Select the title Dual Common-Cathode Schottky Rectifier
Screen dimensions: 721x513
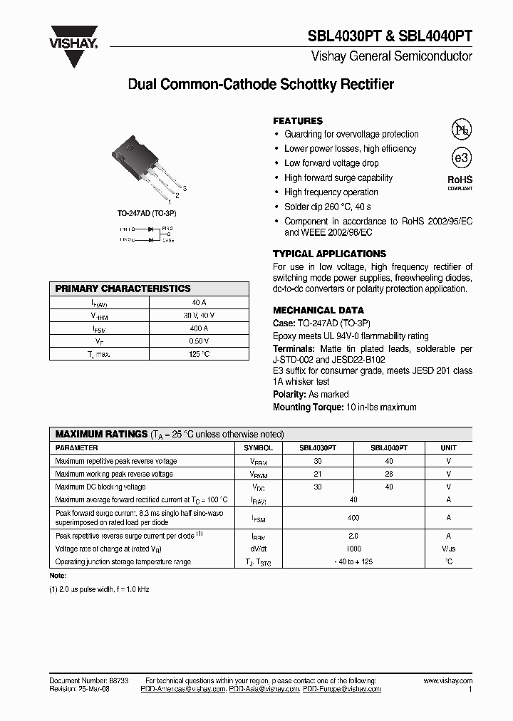click(x=260, y=85)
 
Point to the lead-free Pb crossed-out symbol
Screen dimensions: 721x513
click(x=461, y=129)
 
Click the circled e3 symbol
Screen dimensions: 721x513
click(x=461, y=158)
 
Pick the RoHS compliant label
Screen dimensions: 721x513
click(x=460, y=182)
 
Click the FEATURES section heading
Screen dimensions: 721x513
click(x=298, y=121)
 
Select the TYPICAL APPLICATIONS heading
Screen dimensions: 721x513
click(x=329, y=254)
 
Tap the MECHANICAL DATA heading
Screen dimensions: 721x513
click(x=318, y=311)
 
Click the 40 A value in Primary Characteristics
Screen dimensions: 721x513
click(x=199, y=302)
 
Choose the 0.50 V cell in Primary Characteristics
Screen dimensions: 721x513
click(x=199, y=341)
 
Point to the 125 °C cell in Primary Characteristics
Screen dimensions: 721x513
click(x=199, y=354)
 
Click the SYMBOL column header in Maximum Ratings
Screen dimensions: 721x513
click(x=258, y=448)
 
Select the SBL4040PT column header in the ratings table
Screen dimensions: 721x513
click(x=389, y=448)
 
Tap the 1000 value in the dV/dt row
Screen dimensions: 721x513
click(x=353, y=549)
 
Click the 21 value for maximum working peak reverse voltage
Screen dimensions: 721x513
click(x=318, y=474)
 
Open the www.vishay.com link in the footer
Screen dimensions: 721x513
click(x=447, y=681)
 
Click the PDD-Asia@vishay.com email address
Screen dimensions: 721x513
click(x=264, y=690)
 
